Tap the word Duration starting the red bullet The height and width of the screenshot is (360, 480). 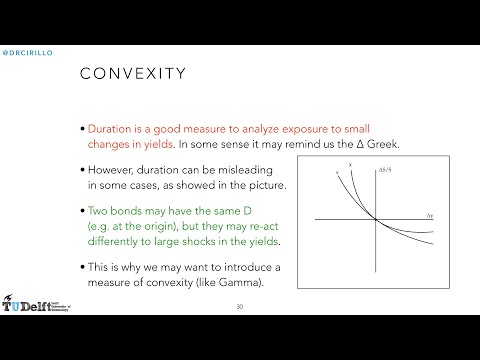pos(112,130)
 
